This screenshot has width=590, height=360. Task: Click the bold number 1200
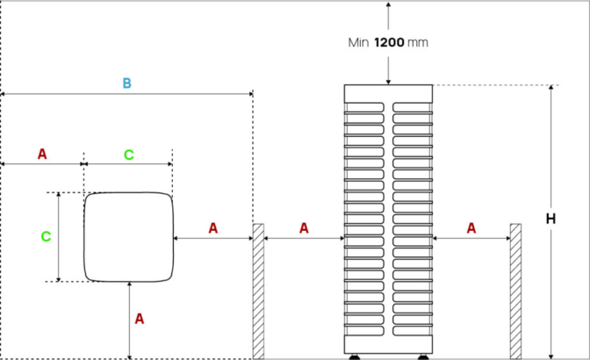389,42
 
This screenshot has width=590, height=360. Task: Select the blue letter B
126,83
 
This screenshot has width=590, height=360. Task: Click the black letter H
550,219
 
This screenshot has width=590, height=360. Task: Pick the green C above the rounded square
128,155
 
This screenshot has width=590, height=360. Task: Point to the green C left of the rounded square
47,236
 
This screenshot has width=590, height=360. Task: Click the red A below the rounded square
139,320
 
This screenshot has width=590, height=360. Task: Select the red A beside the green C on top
42,155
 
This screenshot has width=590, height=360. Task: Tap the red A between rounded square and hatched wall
212,228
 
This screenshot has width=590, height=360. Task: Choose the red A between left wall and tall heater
304,228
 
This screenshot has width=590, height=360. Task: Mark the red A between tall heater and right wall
471,228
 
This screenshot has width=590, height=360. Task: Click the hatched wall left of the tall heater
258,291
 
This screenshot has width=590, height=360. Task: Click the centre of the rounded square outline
129,237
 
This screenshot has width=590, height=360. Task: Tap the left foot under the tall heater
355,356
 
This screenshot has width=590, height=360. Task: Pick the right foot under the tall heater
422,356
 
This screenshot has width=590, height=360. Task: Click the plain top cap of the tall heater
388,93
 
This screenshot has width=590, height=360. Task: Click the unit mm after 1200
419,42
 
